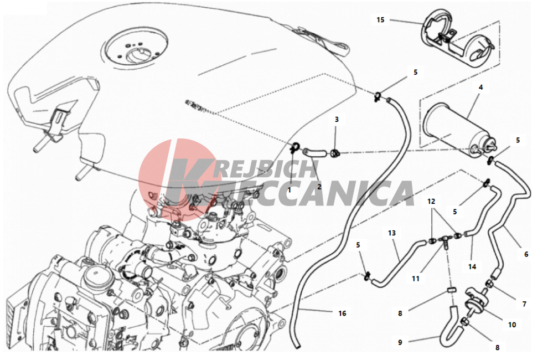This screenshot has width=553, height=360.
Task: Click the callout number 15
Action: (x=380, y=20)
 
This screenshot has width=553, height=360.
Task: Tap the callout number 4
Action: (x=480, y=87)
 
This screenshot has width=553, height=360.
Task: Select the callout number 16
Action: (x=342, y=313)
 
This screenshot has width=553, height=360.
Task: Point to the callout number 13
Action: (x=392, y=233)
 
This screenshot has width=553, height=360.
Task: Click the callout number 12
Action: (x=431, y=201)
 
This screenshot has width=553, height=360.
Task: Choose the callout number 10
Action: (x=512, y=325)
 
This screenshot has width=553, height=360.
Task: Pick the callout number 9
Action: (x=400, y=342)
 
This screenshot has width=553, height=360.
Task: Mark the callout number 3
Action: (x=337, y=119)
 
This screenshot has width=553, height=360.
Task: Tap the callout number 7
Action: (x=524, y=304)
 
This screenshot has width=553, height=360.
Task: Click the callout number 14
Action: (x=472, y=267)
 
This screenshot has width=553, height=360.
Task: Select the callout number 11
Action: (x=416, y=279)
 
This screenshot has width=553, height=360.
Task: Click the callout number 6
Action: (x=526, y=254)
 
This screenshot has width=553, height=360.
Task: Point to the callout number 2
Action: (x=319, y=187)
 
